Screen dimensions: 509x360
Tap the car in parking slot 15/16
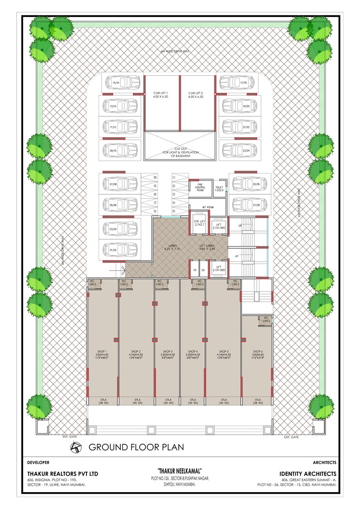point(121,83)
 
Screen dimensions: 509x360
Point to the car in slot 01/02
point(121,250)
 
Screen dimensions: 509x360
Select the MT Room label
point(208,207)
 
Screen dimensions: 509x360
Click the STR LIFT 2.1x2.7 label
point(197,223)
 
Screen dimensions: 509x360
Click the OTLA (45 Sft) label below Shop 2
point(136,401)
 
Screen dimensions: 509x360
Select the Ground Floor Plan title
point(136,447)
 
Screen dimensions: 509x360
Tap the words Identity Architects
point(308,473)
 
